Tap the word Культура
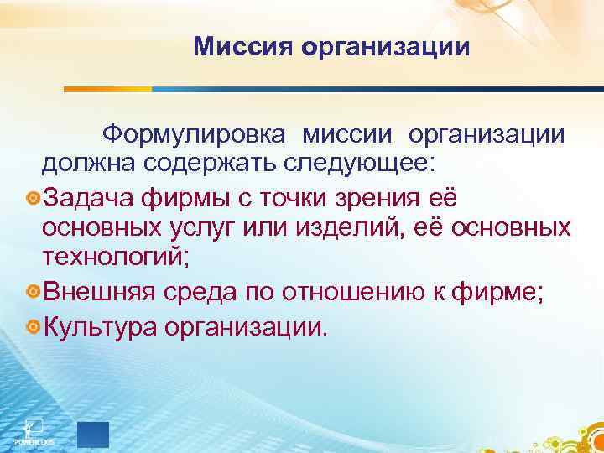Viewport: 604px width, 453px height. coord(102,323)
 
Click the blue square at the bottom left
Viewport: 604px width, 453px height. coord(92,435)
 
